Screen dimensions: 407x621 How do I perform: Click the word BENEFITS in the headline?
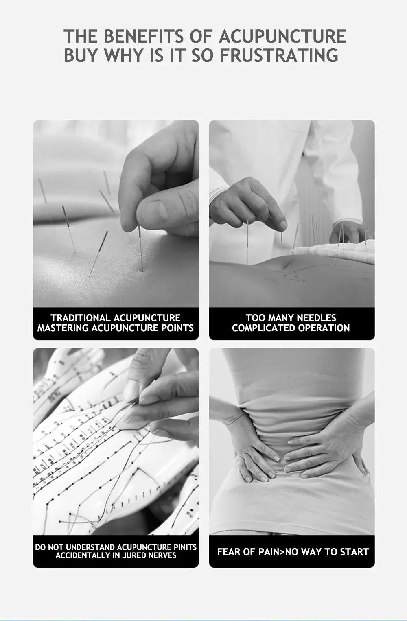(143, 36)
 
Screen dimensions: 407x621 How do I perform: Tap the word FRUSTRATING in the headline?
(279, 55)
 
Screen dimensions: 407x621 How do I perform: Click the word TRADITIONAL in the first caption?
(81, 318)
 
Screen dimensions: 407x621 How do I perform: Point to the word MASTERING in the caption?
(63, 328)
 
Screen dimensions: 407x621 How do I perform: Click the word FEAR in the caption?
(228, 552)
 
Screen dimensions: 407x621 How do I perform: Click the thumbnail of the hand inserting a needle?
(116, 214)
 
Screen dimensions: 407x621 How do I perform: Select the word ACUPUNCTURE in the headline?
(282, 36)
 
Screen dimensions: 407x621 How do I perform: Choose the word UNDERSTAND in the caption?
(91, 547)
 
